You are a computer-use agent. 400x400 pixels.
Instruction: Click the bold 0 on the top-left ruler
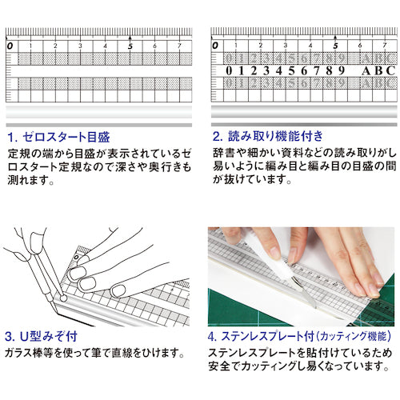point(10,46)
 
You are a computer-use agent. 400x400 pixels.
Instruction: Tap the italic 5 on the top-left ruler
point(130,46)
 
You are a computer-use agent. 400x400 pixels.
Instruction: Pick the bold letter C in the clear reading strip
point(391,70)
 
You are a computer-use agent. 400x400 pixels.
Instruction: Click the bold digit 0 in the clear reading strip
point(230,70)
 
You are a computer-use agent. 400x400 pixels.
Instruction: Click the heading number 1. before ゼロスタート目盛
point(14,135)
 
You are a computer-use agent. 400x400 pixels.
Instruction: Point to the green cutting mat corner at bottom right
point(384,308)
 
